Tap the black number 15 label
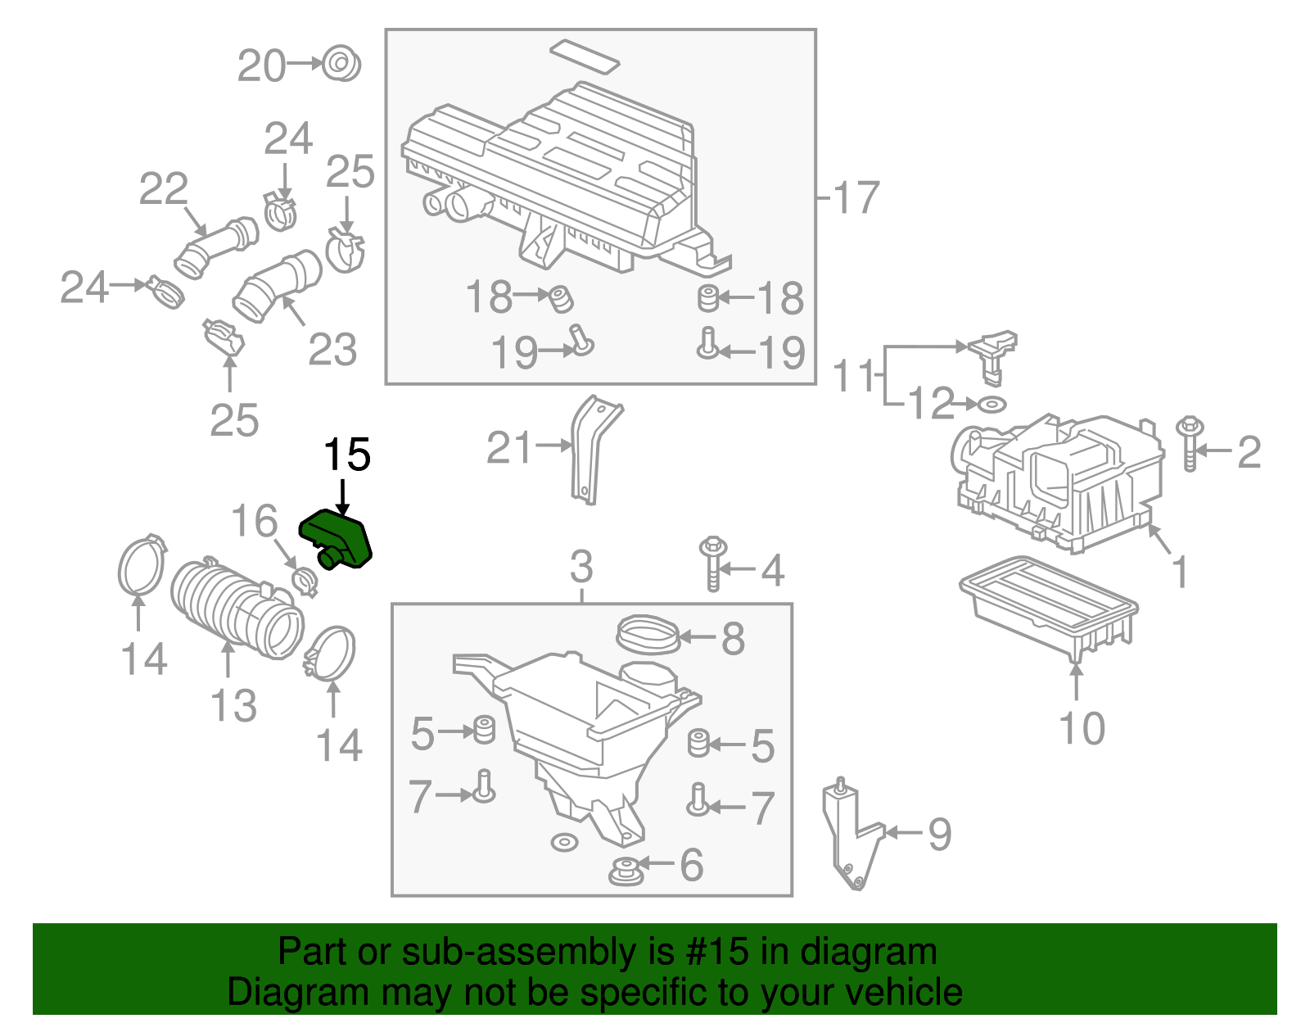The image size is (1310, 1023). point(347,455)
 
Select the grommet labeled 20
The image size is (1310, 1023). point(341,64)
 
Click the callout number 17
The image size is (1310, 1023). point(856,198)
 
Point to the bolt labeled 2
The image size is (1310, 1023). point(1190,445)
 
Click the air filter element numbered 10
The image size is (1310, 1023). point(1048,606)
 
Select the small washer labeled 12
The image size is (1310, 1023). point(992,404)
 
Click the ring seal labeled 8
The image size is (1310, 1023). point(647,636)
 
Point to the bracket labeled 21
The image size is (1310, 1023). point(591,449)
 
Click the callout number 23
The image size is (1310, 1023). point(332,350)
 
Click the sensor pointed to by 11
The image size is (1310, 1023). point(992,351)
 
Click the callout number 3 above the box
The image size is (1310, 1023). point(580,566)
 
